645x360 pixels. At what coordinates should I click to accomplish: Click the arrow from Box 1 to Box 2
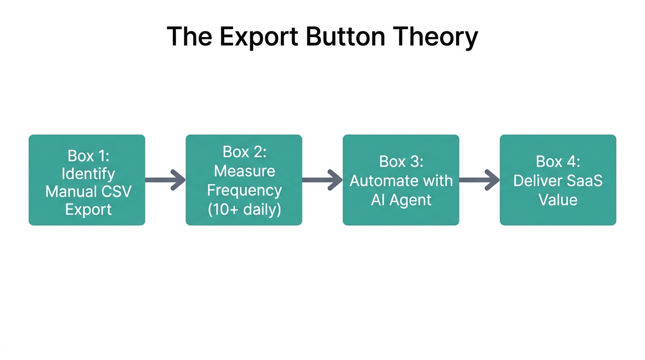165,180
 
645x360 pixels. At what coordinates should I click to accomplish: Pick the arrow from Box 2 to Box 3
322,180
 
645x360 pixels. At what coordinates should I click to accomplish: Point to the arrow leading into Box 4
480,180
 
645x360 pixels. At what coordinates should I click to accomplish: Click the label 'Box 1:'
88,155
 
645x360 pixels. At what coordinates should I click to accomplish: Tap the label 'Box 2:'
244,151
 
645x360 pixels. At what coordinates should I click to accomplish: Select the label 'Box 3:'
401,161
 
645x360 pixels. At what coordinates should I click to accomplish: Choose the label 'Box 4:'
558,161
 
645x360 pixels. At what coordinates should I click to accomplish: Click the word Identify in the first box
88,173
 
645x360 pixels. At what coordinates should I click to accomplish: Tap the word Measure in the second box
244,171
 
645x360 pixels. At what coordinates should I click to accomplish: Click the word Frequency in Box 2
244,190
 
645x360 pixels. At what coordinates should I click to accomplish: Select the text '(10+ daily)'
244,209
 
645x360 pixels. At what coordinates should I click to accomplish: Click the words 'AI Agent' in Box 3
401,200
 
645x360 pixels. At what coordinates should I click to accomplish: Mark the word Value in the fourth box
558,200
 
